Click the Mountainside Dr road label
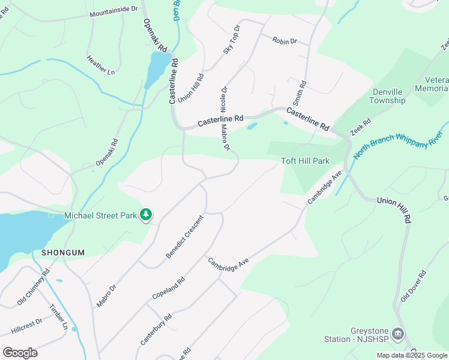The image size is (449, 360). tap(113, 11)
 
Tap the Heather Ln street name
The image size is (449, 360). tap(100, 65)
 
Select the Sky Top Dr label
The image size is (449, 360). tap(232, 40)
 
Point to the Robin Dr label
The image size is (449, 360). tap(285, 41)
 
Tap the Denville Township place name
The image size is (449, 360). tap(388, 96)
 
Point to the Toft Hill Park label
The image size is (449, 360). tap(306, 161)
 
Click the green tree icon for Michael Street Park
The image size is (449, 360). tap(145, 214)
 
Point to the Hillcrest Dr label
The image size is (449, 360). tap(26, 326)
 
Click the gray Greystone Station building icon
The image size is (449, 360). tap(397, 333)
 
